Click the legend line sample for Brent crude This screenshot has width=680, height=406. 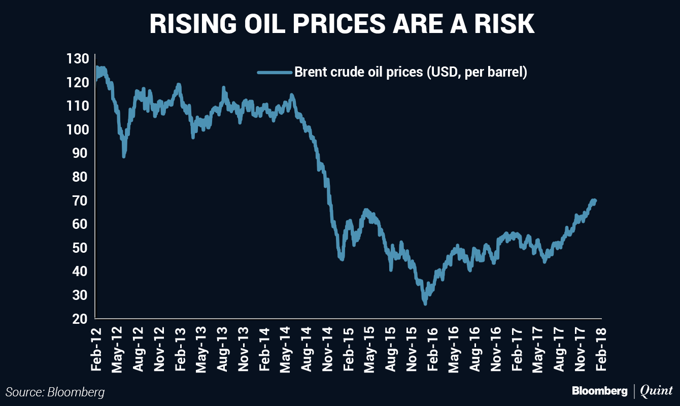click(x=275, y=73)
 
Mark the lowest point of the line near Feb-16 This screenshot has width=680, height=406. click(x=425, y=303)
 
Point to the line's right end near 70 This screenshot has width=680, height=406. click(x=595, y=200)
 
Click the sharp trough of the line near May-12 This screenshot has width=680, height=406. click(x=124, y=156)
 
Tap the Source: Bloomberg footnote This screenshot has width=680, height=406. click(x=55, y=392)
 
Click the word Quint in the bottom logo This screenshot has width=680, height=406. click(x=657, y=391)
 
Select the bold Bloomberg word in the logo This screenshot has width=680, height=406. click(x=599, y=391)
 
